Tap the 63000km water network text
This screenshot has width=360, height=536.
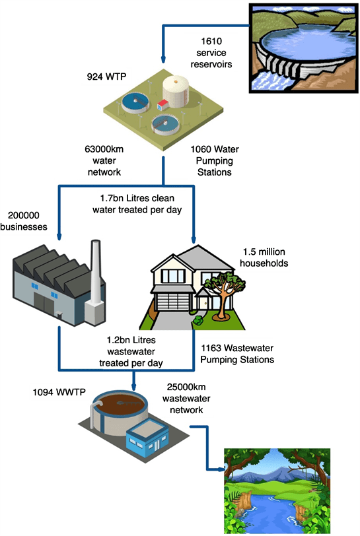(x=104, y=161)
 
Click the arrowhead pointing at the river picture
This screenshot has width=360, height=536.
(x=221, y=470)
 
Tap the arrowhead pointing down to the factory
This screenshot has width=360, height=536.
(x=59, y=237)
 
